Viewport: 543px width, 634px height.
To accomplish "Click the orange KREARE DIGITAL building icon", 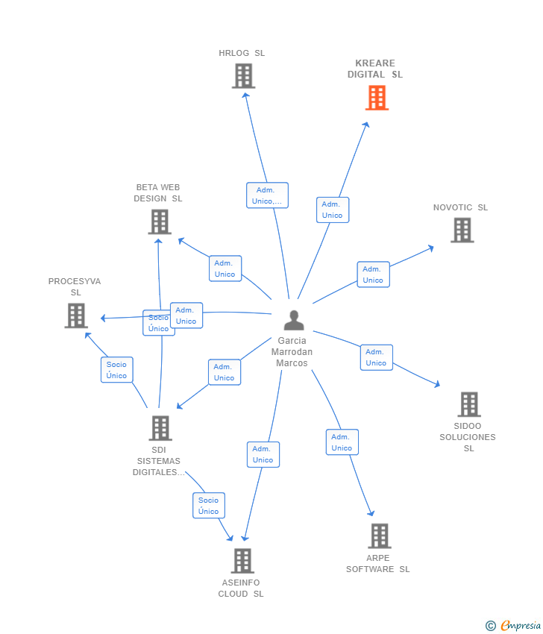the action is [x=377, y=98].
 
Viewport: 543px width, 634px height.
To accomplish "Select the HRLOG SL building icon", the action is [x=243, y=75].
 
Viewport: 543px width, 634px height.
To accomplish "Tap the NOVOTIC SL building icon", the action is [x=462, y=230].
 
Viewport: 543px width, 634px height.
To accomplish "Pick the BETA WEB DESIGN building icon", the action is [x=160, y=222].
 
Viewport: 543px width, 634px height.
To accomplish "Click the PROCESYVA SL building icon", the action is [x=76, y=316].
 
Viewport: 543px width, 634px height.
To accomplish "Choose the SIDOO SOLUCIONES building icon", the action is [x=469, y=404].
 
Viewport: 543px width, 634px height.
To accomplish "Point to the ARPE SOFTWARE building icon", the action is [x=380, y=536].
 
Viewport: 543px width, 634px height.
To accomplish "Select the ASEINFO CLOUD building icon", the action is [x=242, y=560].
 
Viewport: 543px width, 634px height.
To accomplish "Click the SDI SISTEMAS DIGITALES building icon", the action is [x=160, y=428].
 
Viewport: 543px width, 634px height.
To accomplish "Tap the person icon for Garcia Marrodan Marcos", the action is [x=294, y=320].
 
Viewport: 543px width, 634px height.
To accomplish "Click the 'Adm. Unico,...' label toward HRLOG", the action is [x=267, y=195].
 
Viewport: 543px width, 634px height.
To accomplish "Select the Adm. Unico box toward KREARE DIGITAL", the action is [x=333, y=210].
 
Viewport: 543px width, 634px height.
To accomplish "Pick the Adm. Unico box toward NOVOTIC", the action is [x=373, y=274].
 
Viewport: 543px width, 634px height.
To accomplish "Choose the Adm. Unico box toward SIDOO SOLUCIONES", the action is [x=377, y=357].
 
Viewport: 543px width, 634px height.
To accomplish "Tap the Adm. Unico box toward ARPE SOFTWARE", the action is [x=342, y=442].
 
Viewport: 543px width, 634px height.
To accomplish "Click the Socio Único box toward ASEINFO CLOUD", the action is [x=209, y=506].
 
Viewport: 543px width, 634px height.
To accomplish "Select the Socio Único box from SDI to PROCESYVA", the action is [x=117, y=369].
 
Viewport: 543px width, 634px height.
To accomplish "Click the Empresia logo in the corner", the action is [x=513, y=626].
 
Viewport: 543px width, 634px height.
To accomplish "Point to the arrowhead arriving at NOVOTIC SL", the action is [x=431, y=248].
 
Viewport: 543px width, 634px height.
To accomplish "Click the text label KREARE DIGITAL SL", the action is [x=375, y=69].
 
